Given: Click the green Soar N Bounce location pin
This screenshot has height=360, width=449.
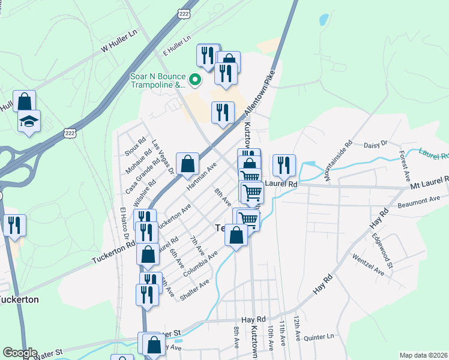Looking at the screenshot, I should coord(195,79).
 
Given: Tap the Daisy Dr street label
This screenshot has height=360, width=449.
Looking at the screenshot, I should coord(376,144).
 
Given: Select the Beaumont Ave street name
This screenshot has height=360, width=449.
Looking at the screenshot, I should coord(419,202).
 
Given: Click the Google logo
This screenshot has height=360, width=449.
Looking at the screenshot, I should coord(19,353).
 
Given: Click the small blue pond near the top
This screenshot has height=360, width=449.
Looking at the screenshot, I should coord(324,20).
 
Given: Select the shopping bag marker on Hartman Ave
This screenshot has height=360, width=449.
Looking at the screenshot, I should coord(187,163).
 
